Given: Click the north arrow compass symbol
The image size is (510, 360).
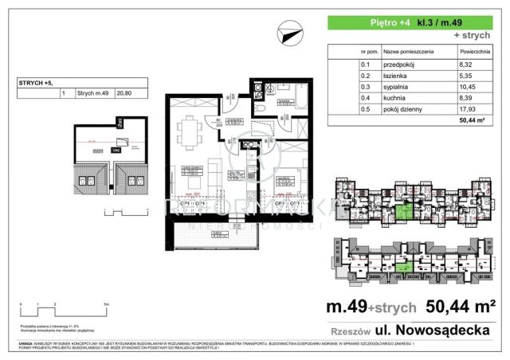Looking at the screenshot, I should coord(290,33).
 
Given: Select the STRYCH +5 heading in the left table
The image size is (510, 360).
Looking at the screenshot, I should coord(36,83).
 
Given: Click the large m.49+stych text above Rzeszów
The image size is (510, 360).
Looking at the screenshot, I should coord(367,307).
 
